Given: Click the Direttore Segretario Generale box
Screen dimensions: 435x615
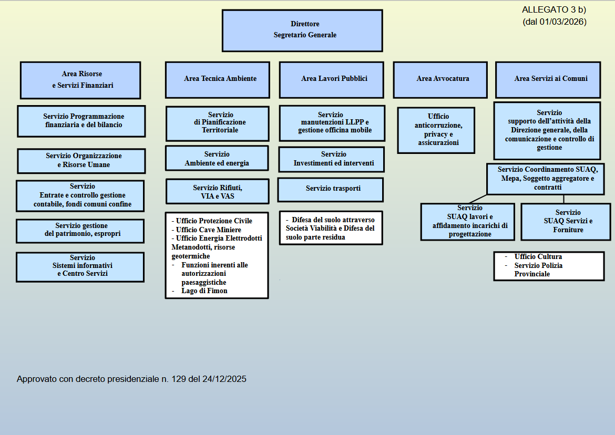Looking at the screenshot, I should tap(302, 30).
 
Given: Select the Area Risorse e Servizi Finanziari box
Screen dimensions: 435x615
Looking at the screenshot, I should tap(80, 80).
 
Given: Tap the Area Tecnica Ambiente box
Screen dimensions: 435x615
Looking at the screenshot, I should tap(220, 79).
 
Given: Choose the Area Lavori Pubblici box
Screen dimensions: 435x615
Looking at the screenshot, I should tap(334, 79).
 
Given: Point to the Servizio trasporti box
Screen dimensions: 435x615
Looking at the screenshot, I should tap(331, 189).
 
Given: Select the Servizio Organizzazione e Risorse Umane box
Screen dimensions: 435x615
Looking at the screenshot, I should tap(81, 161).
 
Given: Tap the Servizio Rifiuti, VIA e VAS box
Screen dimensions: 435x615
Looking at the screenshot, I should tap(217, 191).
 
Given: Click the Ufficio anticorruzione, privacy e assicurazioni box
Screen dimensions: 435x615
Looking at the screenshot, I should tap(436, 130).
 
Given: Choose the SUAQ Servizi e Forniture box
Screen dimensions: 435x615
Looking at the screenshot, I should tap(566, 221).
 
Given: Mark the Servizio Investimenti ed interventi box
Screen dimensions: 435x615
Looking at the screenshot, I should tap(331, 159).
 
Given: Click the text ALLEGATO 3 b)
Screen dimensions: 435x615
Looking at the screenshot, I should tap(554, 10).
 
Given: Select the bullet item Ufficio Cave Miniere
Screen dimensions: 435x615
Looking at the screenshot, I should tap(208, 230).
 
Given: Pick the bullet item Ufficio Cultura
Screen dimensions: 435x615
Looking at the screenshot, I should tap(538, 257).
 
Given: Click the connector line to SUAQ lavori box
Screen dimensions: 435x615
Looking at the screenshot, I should tap(478, 199).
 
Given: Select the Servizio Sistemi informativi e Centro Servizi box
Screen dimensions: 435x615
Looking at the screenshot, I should tap(80, 267).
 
